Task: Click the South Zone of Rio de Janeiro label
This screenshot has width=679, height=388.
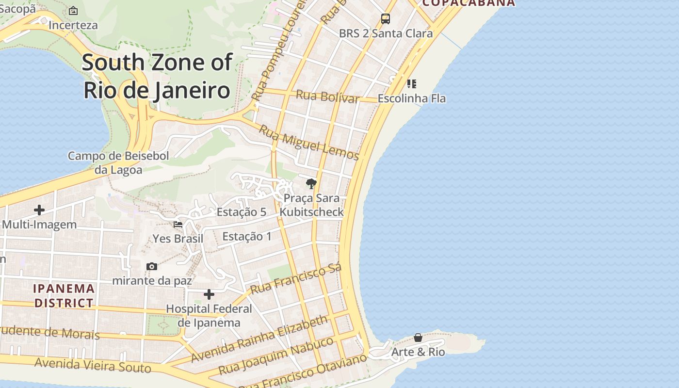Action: pos(157,76)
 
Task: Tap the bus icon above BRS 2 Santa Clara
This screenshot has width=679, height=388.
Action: pos(386,19)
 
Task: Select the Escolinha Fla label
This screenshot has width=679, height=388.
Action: pos(411,98)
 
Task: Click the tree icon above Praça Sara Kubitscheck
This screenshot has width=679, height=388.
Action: pos(311,184)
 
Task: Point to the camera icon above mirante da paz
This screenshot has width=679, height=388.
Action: pos(152,266)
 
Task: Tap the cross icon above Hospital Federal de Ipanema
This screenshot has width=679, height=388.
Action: pos(209,294)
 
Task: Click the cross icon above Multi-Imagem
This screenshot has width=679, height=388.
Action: pos(39,210)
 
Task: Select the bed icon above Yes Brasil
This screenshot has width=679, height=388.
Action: pos(178,225)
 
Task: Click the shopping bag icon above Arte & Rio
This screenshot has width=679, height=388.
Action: pos(418,337)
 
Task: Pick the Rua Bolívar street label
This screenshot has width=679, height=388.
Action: pos(327,96)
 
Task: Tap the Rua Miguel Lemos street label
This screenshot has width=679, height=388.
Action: pos(308,142)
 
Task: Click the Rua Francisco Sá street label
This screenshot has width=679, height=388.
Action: pos(296,279)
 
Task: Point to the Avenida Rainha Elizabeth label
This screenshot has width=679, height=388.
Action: pos(259,339)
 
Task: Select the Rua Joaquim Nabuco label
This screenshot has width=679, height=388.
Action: pos(276,356)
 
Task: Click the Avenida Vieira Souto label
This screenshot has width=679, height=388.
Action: pos(93,365)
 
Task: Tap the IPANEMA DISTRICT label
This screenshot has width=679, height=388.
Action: pos(64,296)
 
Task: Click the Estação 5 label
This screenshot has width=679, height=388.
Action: pos(242,212)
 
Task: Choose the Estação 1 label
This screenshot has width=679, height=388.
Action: pos(247,237)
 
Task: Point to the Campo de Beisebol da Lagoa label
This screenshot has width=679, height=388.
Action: pos(118,163)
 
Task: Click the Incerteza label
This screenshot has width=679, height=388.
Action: pos(73,25)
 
